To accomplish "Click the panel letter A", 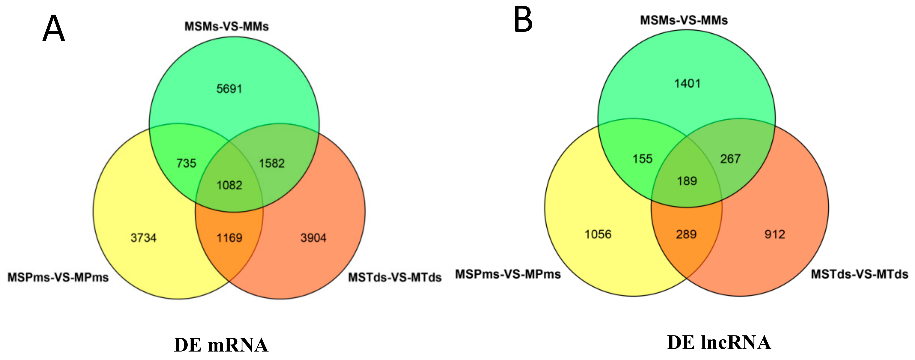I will (54, 29).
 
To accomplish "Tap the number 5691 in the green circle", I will (229, 88).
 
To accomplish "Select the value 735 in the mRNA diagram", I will (186, 163).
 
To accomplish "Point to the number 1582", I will (272, 163).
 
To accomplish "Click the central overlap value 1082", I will (229, 185).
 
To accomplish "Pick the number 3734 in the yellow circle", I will (144, 237).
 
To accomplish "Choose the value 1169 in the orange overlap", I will (229, 237).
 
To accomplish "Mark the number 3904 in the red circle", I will (313, 237).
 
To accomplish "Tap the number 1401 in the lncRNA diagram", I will (687, 84).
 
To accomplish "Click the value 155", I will (642, 159).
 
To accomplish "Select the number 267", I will (730, 159).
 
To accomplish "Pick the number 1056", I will (598, 234).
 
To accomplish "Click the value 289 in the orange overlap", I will (686, 234).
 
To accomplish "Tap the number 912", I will (775, 234).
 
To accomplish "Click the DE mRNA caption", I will (221, 345).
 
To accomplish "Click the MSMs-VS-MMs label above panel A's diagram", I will (226, 26).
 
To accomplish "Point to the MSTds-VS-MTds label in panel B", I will (860, 274).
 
